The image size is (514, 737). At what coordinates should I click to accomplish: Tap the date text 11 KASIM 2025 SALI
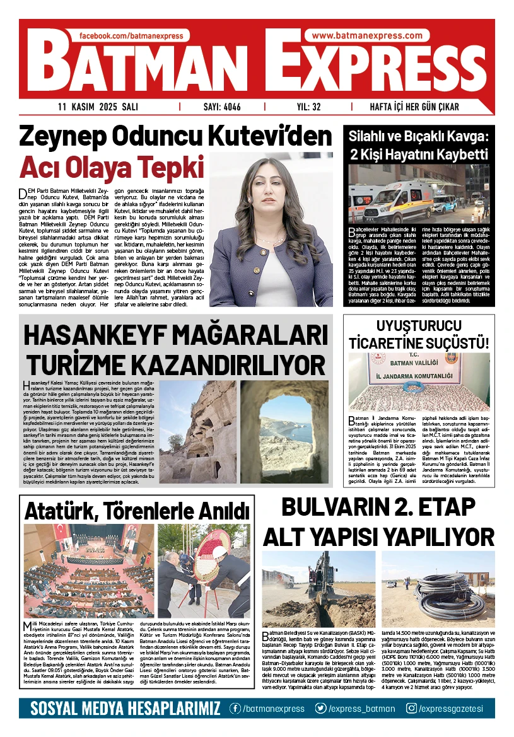tap(98, 107)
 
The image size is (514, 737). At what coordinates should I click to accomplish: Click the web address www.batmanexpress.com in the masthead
tap(367, 36)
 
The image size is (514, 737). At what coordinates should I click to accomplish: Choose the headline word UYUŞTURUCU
tap(419, 326)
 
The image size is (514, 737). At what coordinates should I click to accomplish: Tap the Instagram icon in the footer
tap(412, 709)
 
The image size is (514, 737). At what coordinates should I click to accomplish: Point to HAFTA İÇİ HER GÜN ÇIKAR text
tap(414, 107)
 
